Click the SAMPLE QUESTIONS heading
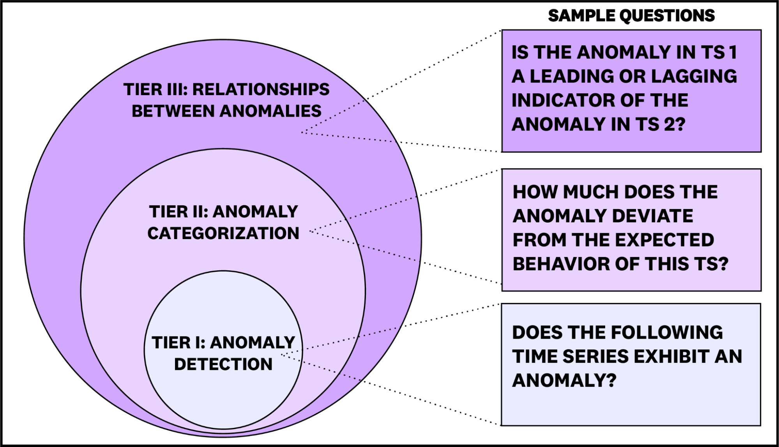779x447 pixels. point(631,16)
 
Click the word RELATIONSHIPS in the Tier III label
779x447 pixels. point(261,90)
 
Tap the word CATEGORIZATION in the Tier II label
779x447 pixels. point(223,234)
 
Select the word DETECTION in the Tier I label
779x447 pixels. point(223,364)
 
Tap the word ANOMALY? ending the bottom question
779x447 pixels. point(564,380)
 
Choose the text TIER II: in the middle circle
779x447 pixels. point(179,212)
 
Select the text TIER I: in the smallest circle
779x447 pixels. point(178,343)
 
